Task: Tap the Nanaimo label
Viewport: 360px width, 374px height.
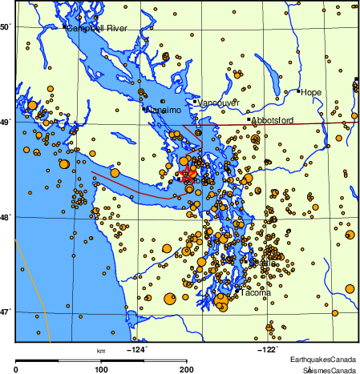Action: pyautogui.click(x=163, y=109)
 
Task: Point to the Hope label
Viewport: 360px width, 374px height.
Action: pyautogui.click(x=311, y=93)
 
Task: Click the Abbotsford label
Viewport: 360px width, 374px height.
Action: pyautogui.click(x=273, y=121)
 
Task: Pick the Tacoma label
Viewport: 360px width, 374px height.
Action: pyautogui.click(x=256, y=293)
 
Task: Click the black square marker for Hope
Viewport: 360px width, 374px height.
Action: pyautogui.click(x=298, y=91)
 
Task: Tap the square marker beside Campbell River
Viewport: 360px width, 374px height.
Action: pyautogui.click(x=64, y=27)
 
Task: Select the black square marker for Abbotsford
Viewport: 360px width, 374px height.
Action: pyautogui.click(x=250, y=120)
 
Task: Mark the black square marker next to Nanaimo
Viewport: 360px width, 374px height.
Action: pyautogui.click(x=144, y=108)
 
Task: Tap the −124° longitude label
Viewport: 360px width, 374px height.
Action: pyautogui.click(x=138, y=349)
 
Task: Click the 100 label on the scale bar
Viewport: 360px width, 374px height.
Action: pyautogui.click(x=101, y=369)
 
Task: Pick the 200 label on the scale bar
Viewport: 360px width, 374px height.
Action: pyautogui.click(x=187, y=369)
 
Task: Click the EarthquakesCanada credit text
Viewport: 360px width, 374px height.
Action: pyautogui.click(x=323, y=360)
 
